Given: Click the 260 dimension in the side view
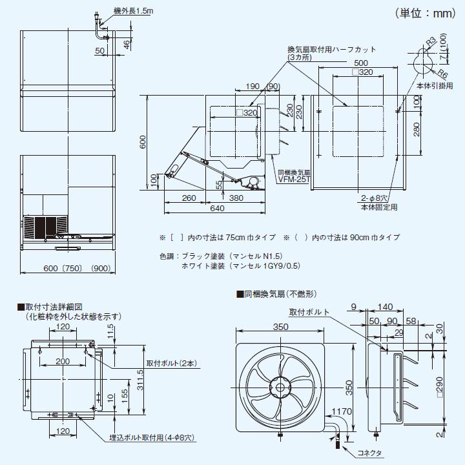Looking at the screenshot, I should click(189, 198).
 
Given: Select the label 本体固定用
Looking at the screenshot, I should click(379, 207).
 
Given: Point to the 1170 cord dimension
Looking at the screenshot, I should click(342, 411).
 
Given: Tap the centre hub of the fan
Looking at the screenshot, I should click(280, 388).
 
